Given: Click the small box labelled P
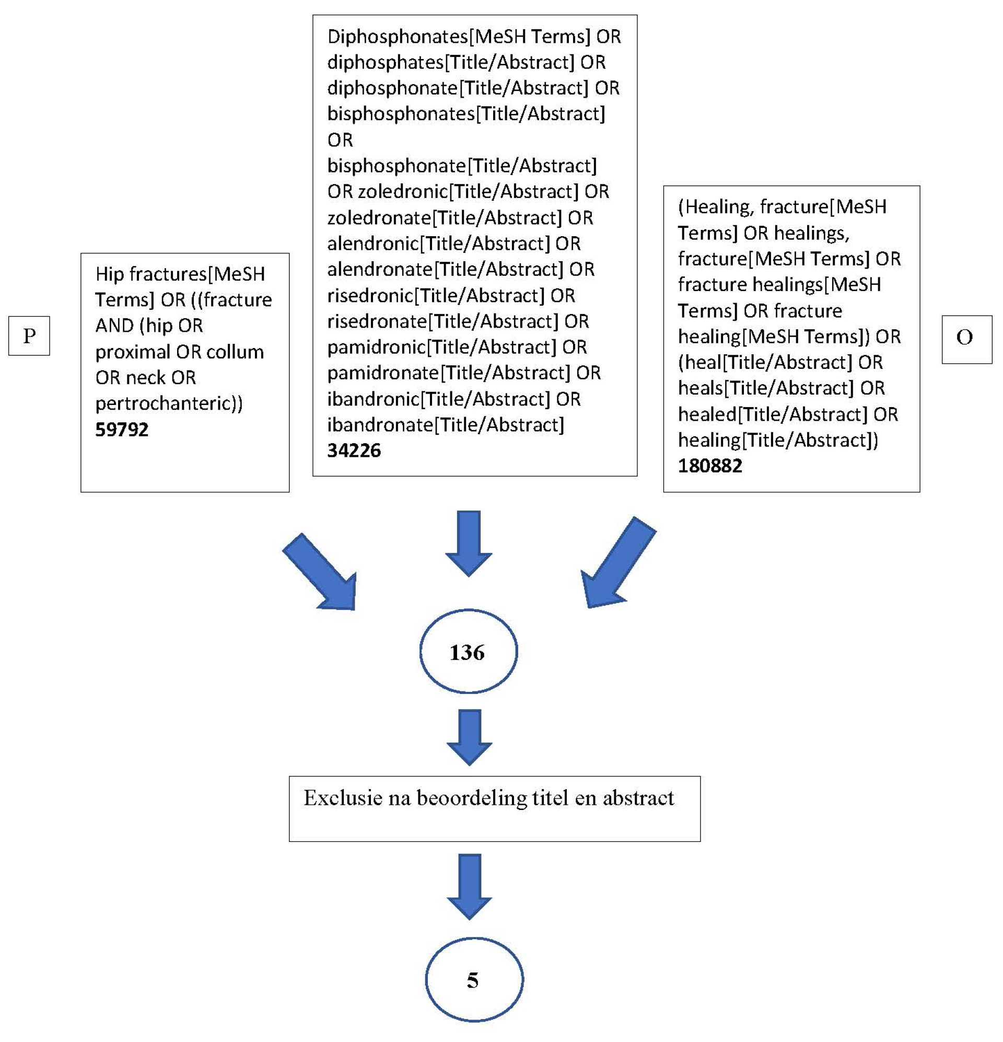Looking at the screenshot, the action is (x=29, y=335).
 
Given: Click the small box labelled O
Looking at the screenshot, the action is (x=966, y=339).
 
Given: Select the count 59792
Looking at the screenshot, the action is (x=122, y=429).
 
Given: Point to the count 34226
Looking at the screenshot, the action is (x=354, y=450).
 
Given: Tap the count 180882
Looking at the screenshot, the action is (x=709, y=466).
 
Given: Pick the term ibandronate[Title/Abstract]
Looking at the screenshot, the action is (x=446, y=425).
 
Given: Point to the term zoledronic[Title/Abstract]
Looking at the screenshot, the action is (x=468, y=191).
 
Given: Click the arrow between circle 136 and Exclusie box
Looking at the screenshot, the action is (x=469, y=737).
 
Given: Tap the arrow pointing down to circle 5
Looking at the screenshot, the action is (x=469, y=886).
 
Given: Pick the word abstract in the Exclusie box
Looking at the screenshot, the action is (x=638, y=798).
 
